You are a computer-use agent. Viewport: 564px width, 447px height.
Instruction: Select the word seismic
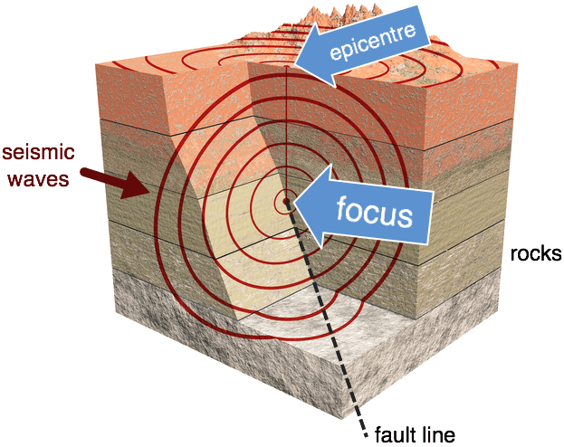point(39,151)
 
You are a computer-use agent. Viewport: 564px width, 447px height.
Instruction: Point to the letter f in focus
point(342,212)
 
